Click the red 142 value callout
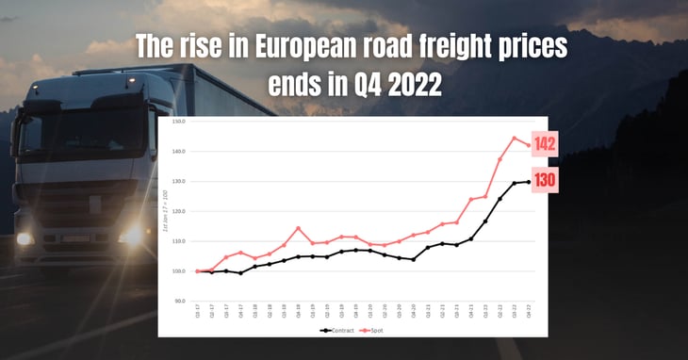click(x=544, y=144)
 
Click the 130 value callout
click(x=544, y=180)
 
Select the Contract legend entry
click(x=337, y=331)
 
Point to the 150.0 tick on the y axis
click(x=178, y=122)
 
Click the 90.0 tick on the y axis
click(x=178, y=301)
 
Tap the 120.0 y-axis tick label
click(x=178, y=211)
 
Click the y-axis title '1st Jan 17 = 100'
click(x=164, y=213)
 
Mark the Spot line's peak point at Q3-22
click(x=515, y=139)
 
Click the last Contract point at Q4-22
click(x=529, y=181)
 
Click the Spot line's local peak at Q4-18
click(x=298, y=228)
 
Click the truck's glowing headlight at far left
click(x=25, y=237)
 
